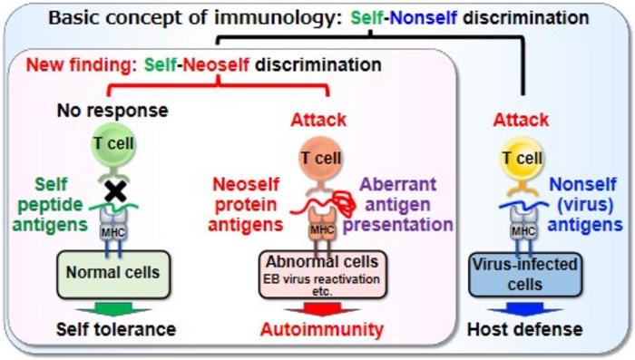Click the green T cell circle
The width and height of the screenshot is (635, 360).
113,145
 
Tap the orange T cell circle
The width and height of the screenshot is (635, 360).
321,158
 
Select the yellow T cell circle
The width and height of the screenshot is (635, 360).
523,158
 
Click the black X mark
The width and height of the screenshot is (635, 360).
115,191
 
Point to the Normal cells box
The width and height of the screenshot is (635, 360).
113,275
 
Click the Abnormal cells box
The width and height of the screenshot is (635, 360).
322,275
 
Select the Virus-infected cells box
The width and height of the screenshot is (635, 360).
525,275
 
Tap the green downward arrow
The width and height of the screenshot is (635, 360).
113,309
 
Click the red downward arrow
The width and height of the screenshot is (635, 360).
322,309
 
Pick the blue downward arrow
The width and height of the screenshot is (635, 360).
525,309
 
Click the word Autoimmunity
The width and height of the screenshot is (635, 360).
322,330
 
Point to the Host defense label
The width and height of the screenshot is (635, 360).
525,329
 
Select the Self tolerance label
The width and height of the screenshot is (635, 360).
116,329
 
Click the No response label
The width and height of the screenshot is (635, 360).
112,111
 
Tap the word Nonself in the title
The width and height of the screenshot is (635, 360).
424,18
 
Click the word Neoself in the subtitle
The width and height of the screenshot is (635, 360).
216,64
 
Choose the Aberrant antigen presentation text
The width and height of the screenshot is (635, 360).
398,205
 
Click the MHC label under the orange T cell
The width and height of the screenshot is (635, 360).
322,230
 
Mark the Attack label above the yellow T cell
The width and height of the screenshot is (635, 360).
522,120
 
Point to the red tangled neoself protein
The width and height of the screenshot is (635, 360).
342,202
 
